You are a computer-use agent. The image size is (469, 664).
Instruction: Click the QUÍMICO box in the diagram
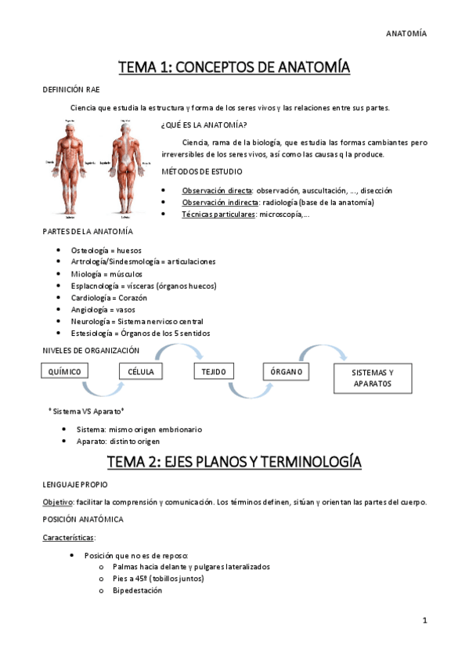click(x=63, y=370)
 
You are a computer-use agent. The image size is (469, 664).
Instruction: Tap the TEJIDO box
click(x=212, y=370)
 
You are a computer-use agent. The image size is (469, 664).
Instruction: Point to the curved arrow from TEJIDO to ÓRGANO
click(x=249, y=356)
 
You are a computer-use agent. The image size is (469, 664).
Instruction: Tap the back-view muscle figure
click(x=124, y=168)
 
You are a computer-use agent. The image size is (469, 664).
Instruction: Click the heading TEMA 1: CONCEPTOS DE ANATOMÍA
click(x=234, y=68)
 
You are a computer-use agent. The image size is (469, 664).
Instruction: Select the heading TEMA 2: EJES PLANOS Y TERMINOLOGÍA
click(x=234, y=462)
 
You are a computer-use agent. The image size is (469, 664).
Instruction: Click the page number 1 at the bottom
click(x=424, y=620)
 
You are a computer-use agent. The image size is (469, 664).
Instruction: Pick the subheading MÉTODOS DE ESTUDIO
click(x=201, y=171)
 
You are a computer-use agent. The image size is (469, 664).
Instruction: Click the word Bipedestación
click(x=137, y=590)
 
